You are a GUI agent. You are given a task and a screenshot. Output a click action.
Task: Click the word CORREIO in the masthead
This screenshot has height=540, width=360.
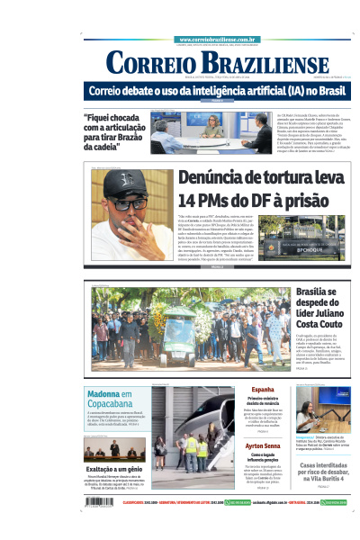tap(150, 63)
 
